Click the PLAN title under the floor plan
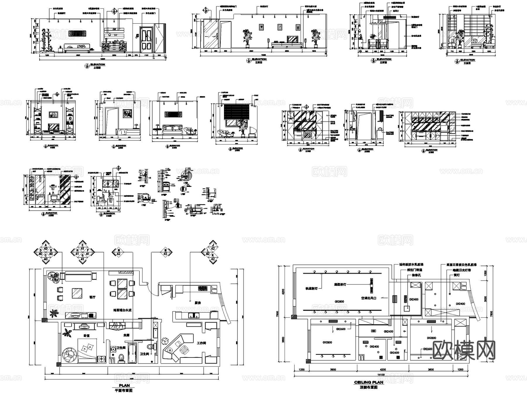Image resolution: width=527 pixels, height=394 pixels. [124, 386]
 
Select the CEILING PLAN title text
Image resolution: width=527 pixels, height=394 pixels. [368, 382]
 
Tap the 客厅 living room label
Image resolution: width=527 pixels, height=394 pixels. [92, 297]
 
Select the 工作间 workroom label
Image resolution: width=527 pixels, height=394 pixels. [201, 343]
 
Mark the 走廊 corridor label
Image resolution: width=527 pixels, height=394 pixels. [126, 335]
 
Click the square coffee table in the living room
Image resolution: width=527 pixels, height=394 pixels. [77, 293]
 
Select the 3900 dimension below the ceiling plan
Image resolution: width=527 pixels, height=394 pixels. [333, 369]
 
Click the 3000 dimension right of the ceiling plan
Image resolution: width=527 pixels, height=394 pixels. [485, 299]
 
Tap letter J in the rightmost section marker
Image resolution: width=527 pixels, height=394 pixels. [213, 245]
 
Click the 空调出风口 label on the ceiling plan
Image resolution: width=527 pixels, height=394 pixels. [368, 298]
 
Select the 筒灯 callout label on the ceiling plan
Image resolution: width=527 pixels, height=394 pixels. [456, 275]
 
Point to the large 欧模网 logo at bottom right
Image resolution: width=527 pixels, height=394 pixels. [464, 350]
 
